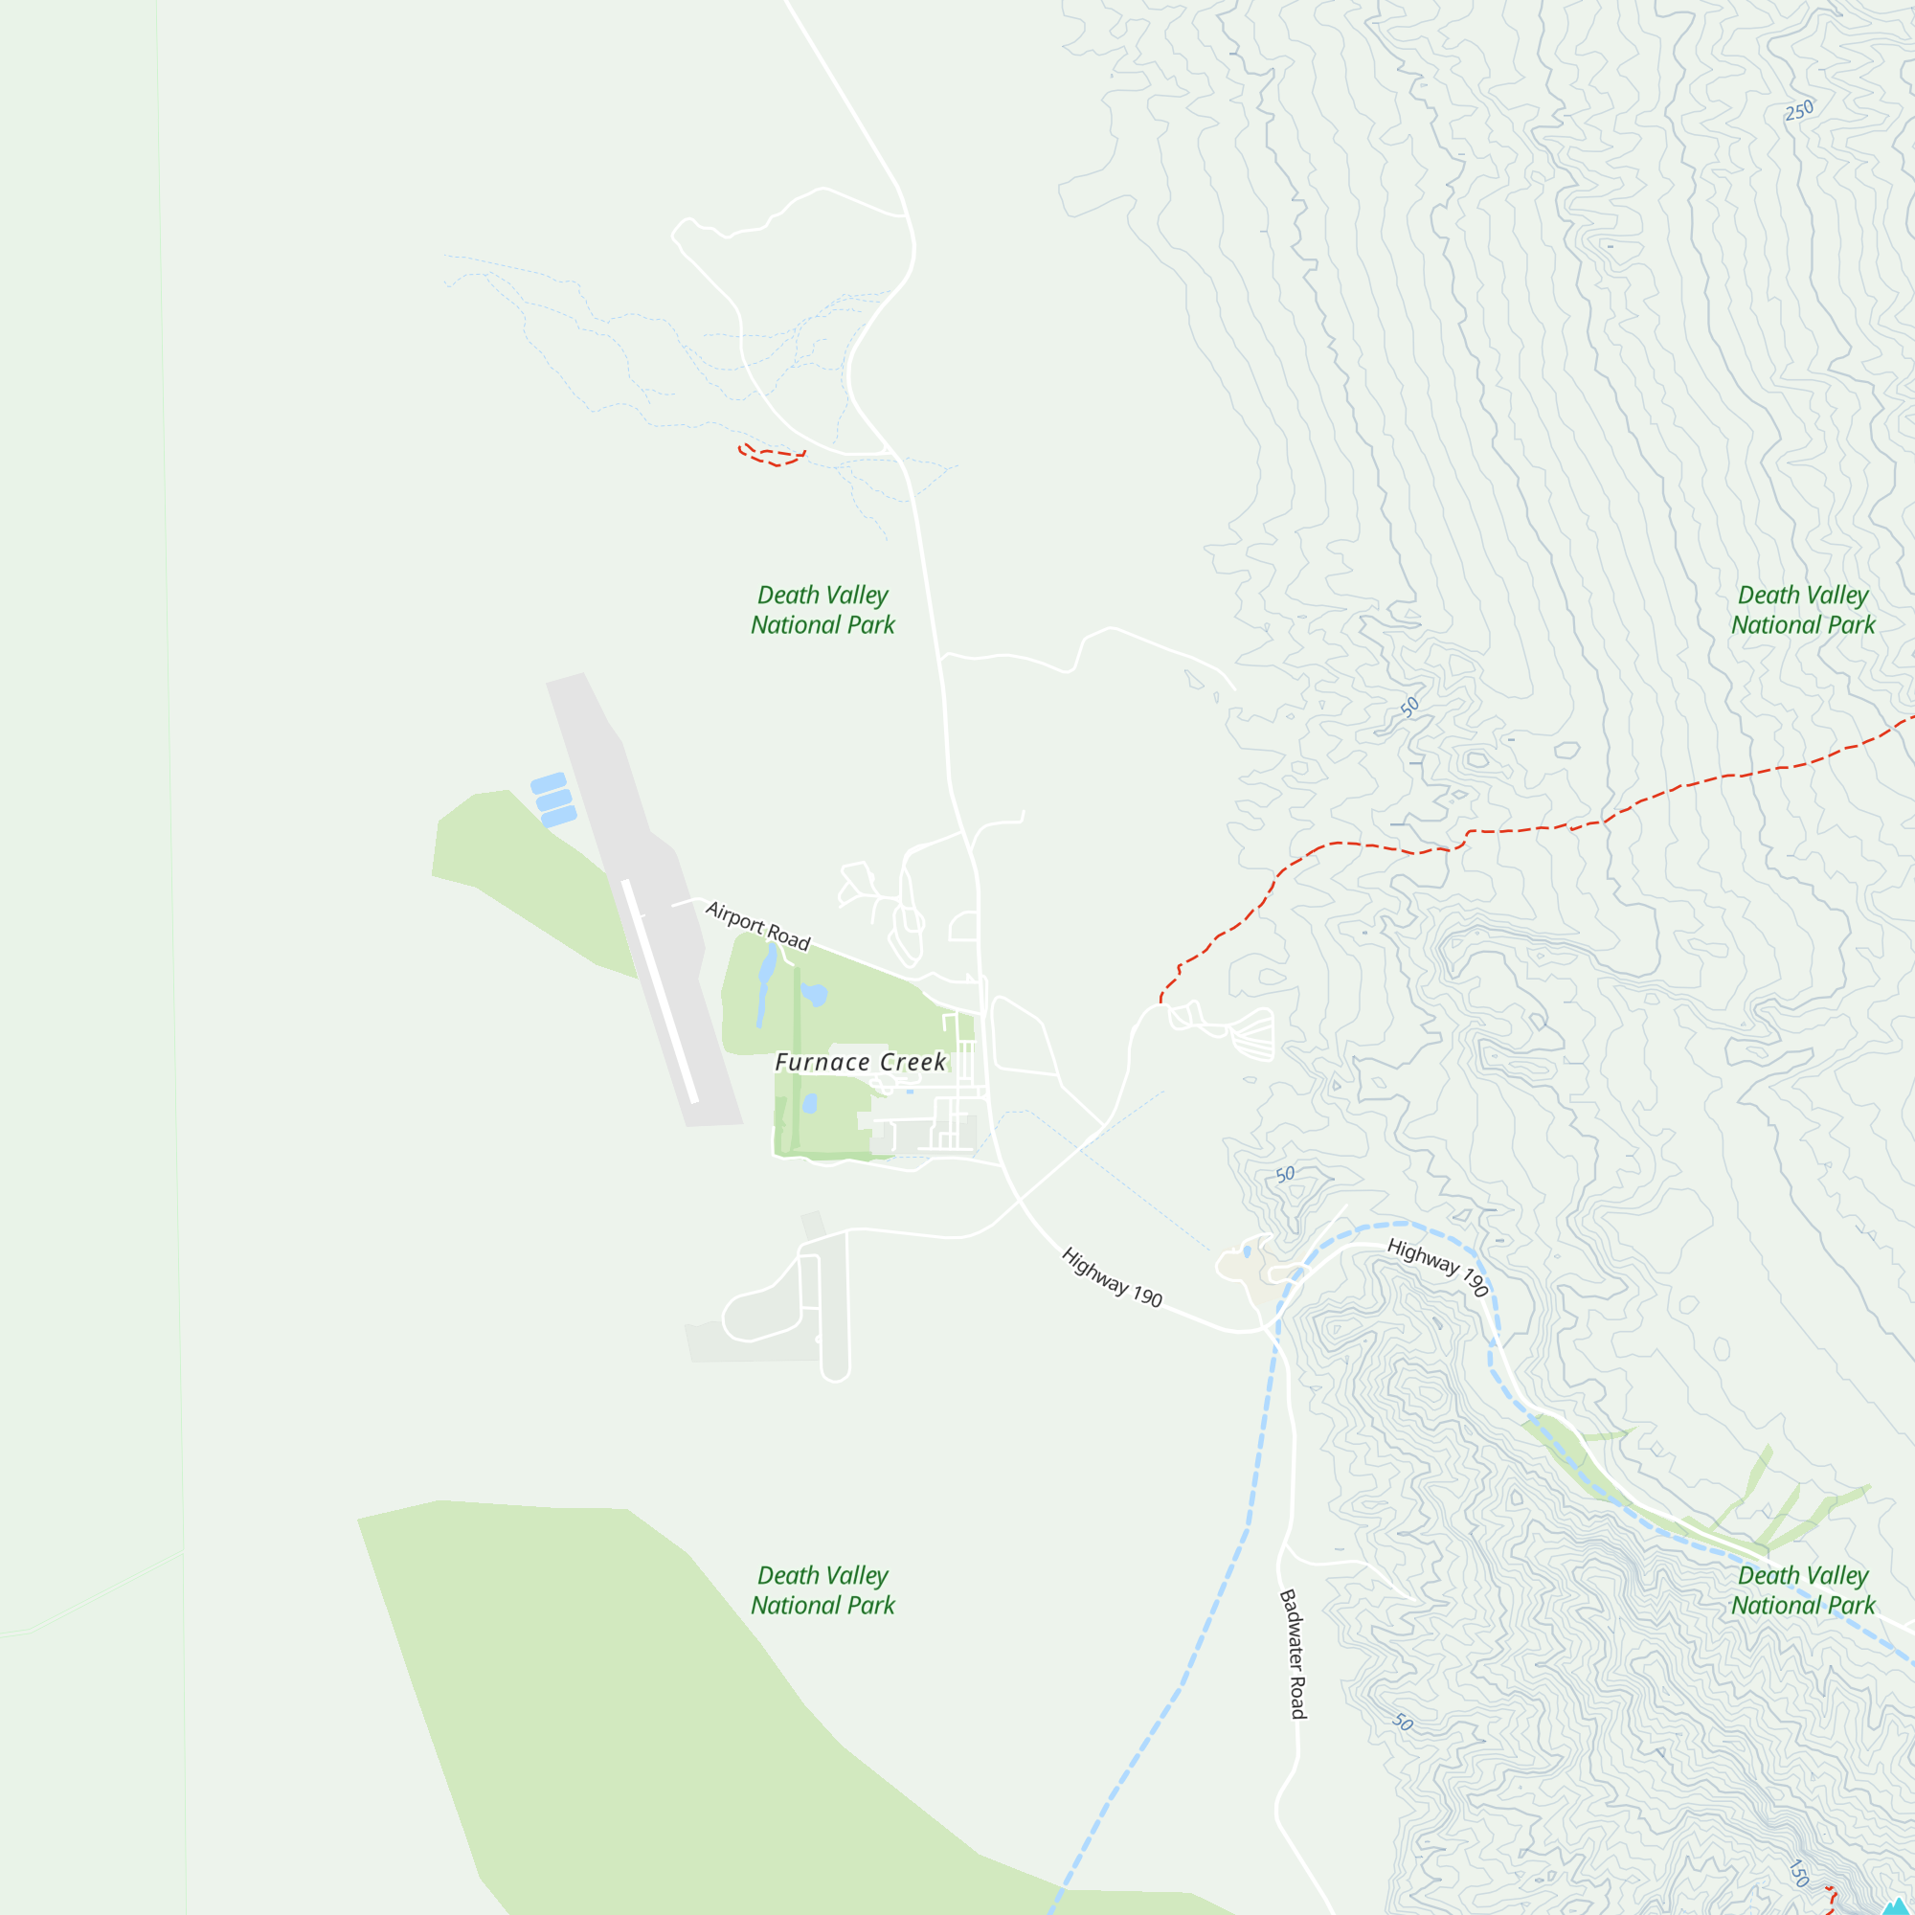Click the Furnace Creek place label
click(860, 1062)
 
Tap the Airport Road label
click(757, 925)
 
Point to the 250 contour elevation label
click(1799, 110)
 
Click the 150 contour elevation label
click(1799, 1872)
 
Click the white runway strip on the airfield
click(660, 991)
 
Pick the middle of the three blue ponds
click(554, 799)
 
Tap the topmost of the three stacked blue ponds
click(548, 783)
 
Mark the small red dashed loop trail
click(772, 456)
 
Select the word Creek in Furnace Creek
click(912, 1062)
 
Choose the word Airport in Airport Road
click(734, 916)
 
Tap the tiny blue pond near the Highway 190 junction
click(1247, 1251)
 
